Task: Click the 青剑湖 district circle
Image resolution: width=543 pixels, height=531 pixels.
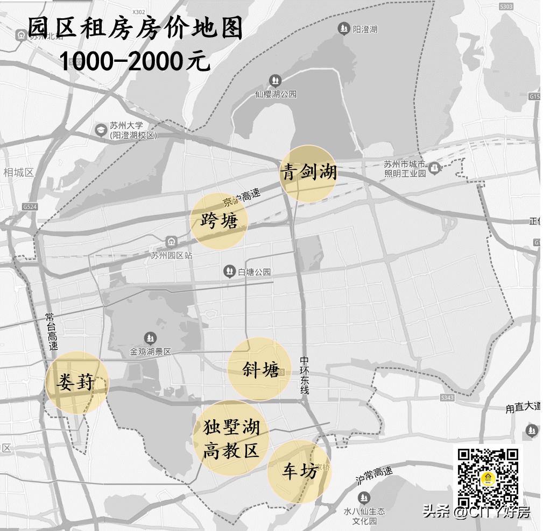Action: (x=308, y=173)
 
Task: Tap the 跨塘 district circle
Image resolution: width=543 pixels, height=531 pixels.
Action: (x=219, y=221)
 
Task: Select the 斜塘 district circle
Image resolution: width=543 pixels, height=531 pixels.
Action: (x=260, y=369)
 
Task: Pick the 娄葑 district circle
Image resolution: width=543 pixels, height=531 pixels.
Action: (x=76, y=383)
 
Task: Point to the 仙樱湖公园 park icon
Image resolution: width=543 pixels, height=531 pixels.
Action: (x=275, y=81)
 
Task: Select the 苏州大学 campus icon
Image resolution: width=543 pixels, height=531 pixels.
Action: (x=101, y=130)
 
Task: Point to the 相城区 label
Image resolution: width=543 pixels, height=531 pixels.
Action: (x=18, y=173)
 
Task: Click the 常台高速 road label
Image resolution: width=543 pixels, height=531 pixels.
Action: (x=52, y=332)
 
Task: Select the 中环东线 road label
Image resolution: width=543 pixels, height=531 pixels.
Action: (x=305, y=375)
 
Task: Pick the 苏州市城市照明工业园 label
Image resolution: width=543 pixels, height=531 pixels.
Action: (x=405, y=169)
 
